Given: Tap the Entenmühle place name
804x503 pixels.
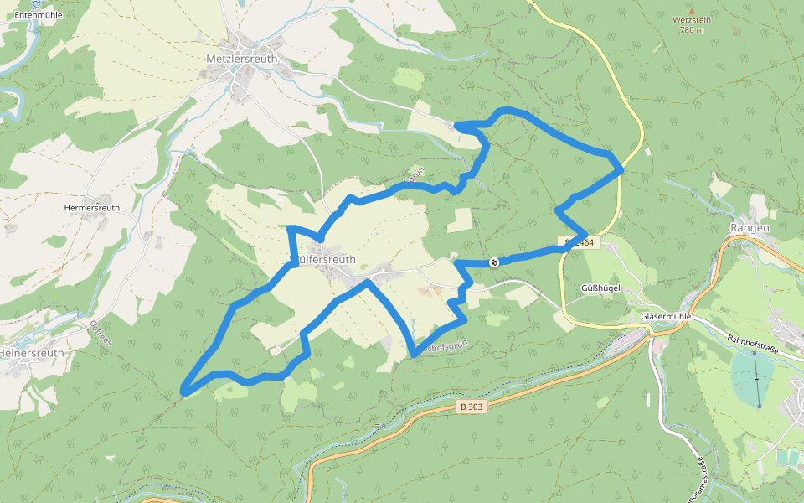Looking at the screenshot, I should [x=39, y=15].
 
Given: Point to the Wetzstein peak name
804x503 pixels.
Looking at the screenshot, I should [x=691, y=19].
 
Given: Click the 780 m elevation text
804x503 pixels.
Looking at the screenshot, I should [x=692, y=30].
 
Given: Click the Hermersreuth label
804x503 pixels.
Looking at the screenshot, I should [x=92, y=208].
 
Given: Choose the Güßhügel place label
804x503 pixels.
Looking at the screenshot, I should [x=600, y=288].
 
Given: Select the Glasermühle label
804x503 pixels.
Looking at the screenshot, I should [x=665, y=317].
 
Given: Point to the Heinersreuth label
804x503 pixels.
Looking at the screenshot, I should [x=32, y=354].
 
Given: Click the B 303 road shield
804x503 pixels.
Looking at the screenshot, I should [x=472, y=407].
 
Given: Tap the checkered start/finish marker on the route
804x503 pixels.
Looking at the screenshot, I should [x=494, y=262].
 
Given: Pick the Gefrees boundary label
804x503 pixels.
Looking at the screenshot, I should [x=99, y=330].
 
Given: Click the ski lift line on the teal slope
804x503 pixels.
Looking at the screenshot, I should [x=756, y=377].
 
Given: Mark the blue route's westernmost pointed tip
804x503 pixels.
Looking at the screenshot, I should [x=183, y=390].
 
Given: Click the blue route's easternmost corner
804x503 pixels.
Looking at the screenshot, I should [x=622, y=169].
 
